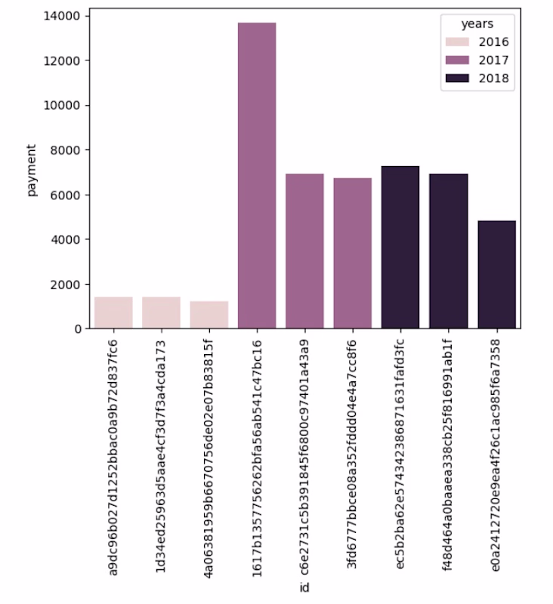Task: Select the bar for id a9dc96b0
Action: [x=113, y=313]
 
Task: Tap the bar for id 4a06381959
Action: [x=209, y=315]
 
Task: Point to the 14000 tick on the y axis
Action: [x=66, y=16]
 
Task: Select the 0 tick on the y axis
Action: [x=78, y=329]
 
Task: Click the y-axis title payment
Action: [x=32, y=170]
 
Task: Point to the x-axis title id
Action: [x=304, y=587]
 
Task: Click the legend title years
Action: [x=480, y=24]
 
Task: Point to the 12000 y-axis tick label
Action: [x=66, y=60]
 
